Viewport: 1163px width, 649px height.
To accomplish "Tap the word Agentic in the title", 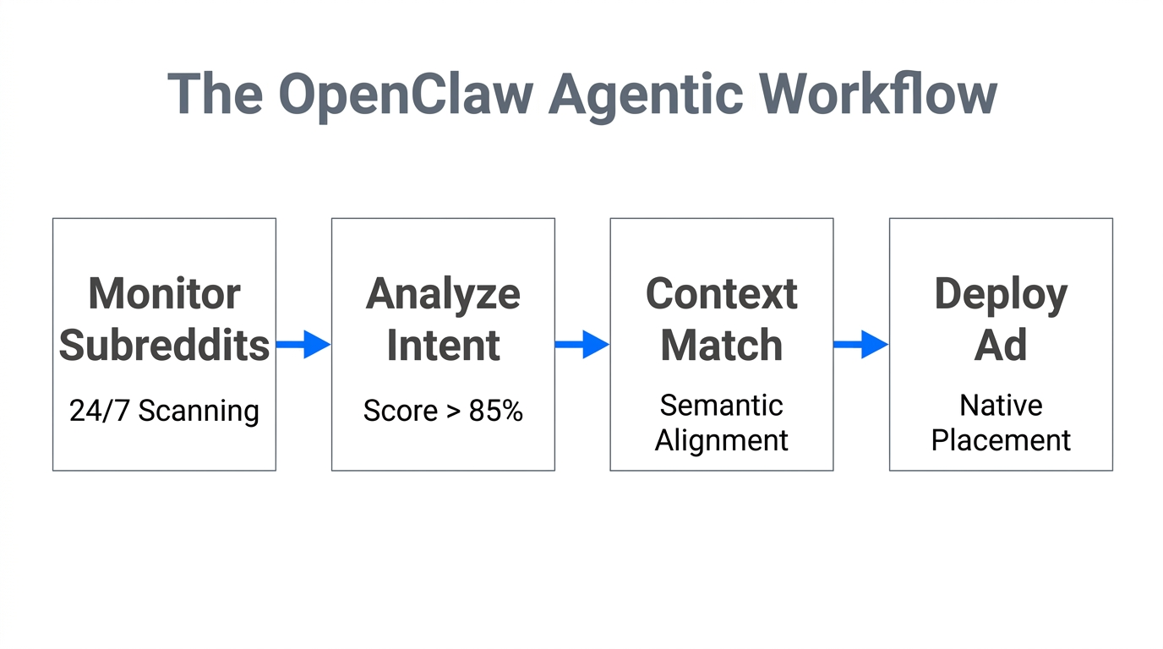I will click(x=644, y=94).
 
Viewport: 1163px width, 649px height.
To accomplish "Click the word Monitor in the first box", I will click(x=164, y=294).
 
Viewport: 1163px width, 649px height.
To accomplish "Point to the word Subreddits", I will click(x=164, y=346).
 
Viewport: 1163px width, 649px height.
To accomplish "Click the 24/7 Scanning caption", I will click(x=164, y=412).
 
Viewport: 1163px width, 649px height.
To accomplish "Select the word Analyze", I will click(x=443, y=294).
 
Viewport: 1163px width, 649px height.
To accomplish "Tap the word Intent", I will click(x=443, y=346).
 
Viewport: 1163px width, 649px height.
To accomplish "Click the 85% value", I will click(x=495, y=412).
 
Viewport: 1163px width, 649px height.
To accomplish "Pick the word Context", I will click(x=721, y=294).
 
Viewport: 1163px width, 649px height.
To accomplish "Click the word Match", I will click(x=721, y=346).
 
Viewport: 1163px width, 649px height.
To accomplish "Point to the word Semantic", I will click(x=721, y=406).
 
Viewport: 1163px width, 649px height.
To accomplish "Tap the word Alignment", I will click(x=721, y=440).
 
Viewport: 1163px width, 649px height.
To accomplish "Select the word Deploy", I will click(x=1001, y=294).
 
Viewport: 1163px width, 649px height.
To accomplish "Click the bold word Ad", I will click(x=1001, y=346).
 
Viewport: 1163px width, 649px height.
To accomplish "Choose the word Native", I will click(x=1001, y=406).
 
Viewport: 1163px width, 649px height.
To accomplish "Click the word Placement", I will click(x=1001, y=440).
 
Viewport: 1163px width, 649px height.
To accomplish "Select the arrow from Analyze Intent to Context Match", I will click(x=581, y=344).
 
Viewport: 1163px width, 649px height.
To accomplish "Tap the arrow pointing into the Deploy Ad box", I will click(x=860, y=344).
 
